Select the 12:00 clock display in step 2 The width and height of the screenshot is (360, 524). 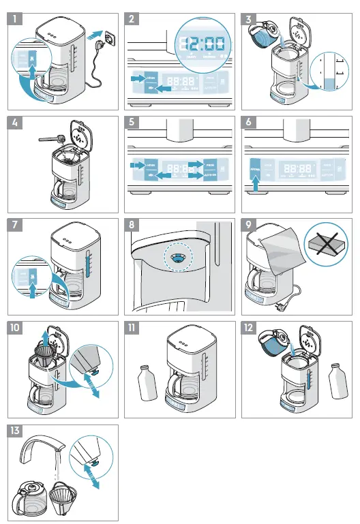[x=201, y=44]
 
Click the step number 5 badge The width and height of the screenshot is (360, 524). [x=132, y=123]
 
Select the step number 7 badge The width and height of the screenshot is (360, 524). [x=14, y=226]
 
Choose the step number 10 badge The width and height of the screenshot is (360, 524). [x=14, y=328]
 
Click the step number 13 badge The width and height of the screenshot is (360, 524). [x=14, y=431]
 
